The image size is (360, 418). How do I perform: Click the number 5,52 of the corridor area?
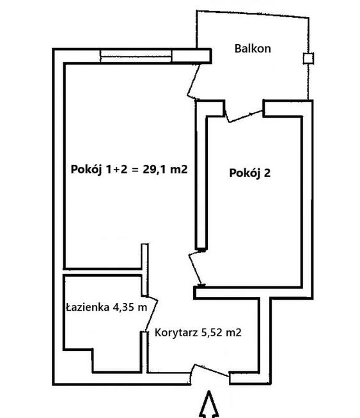coord(212,332)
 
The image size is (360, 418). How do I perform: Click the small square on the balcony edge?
coord(308,59)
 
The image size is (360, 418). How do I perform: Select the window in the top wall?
coord(135,56)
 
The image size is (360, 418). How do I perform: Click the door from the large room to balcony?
coord(195,82)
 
